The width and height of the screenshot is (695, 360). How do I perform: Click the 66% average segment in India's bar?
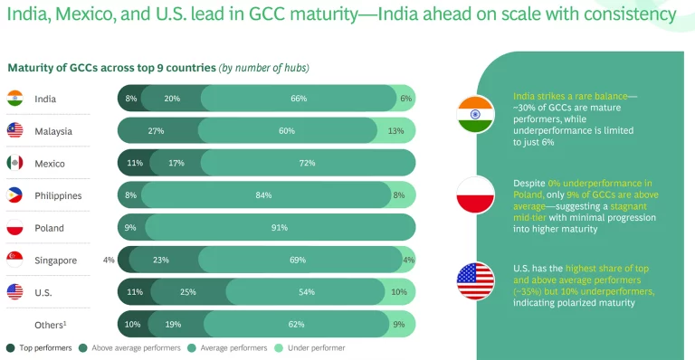pos(298,99)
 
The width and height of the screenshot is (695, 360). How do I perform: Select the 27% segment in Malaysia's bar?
pos(156,131)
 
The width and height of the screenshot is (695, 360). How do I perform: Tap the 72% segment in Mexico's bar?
pos(306,164)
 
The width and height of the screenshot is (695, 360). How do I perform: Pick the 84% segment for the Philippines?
pos(264,195)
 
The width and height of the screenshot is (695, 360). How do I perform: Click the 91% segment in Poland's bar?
pos(279,228)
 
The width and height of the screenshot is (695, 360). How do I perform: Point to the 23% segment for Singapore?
pos(161,261)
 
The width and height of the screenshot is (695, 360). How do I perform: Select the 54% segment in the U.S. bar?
pos(306,292)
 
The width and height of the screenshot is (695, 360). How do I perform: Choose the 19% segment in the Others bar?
pos(173,324)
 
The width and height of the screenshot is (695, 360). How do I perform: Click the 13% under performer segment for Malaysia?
pos(395,131)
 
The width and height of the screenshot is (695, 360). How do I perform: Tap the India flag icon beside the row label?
pos(14,99)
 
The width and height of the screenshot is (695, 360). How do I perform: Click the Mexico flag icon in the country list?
pos(14,164)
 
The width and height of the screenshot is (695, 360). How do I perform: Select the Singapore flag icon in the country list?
pos(14,261)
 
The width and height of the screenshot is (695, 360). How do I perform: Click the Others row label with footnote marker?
pos(53,324)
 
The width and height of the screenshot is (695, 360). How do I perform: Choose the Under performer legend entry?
pos(309,347)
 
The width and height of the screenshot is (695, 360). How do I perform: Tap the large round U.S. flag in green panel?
pos(475,281)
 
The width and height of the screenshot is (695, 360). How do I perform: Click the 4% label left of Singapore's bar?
pos(109,261)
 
